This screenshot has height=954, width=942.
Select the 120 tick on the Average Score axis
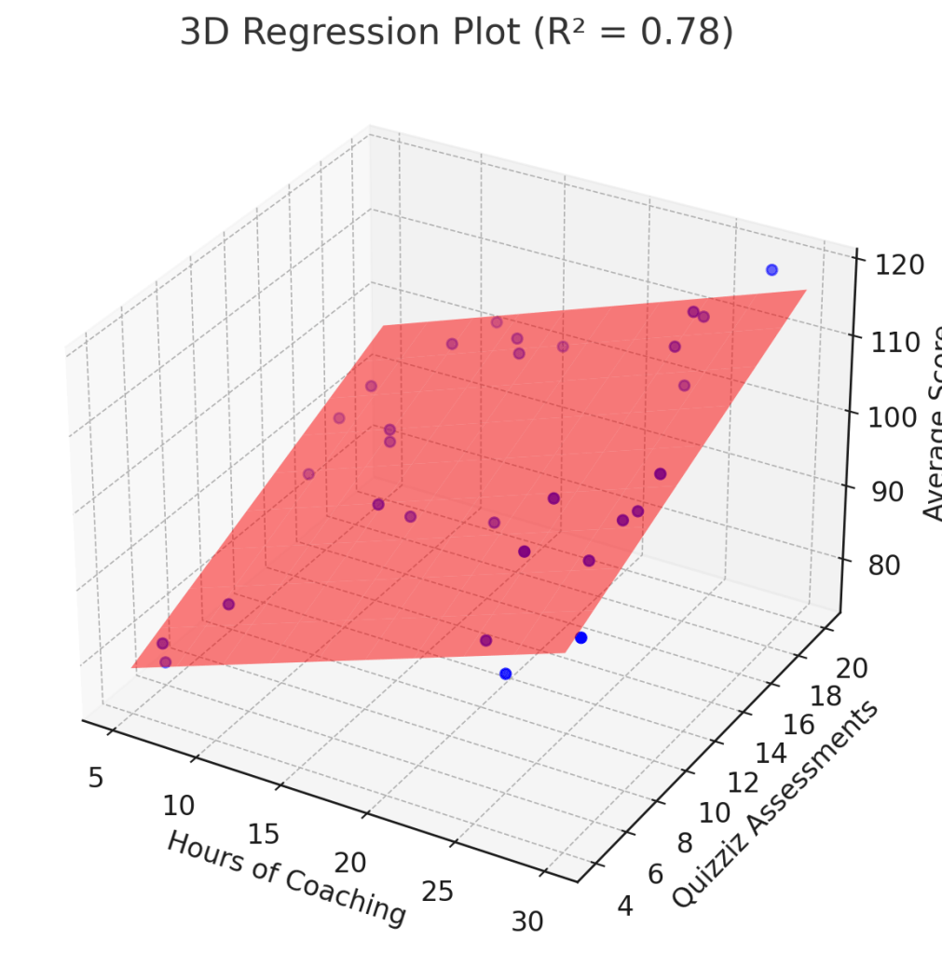[x=900, y=265]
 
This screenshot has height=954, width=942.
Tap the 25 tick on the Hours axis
[x=437, y=891]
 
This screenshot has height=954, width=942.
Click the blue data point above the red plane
[x=771, y=270]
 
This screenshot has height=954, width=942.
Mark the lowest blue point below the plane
[x=505, y=674]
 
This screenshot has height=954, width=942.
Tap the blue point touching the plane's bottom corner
[x=581, y=638]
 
